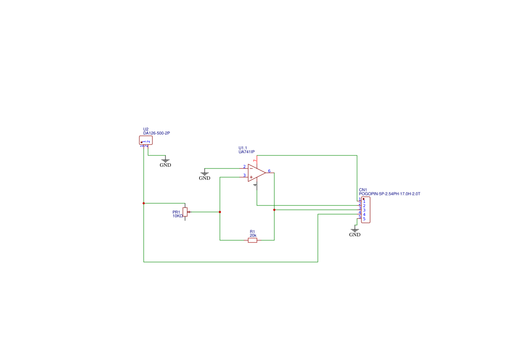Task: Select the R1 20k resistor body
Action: point(253,240)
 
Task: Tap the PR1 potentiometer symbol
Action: point(185,212)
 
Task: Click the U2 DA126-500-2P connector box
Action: point(145,140)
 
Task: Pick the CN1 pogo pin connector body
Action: point(366,210)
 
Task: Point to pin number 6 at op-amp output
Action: point(270,171)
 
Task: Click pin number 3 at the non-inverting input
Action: point(244,175)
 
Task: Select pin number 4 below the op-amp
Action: point(256,185)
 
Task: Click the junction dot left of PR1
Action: point(144,203)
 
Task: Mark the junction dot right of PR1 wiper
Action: point(220,212)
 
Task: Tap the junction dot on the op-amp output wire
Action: point(274,210)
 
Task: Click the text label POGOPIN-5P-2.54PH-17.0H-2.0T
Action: point(389,194)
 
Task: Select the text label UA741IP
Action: point(246,152)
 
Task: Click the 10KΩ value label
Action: point(178,216)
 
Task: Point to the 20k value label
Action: point(253,236)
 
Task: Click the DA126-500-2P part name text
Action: point(156,133)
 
